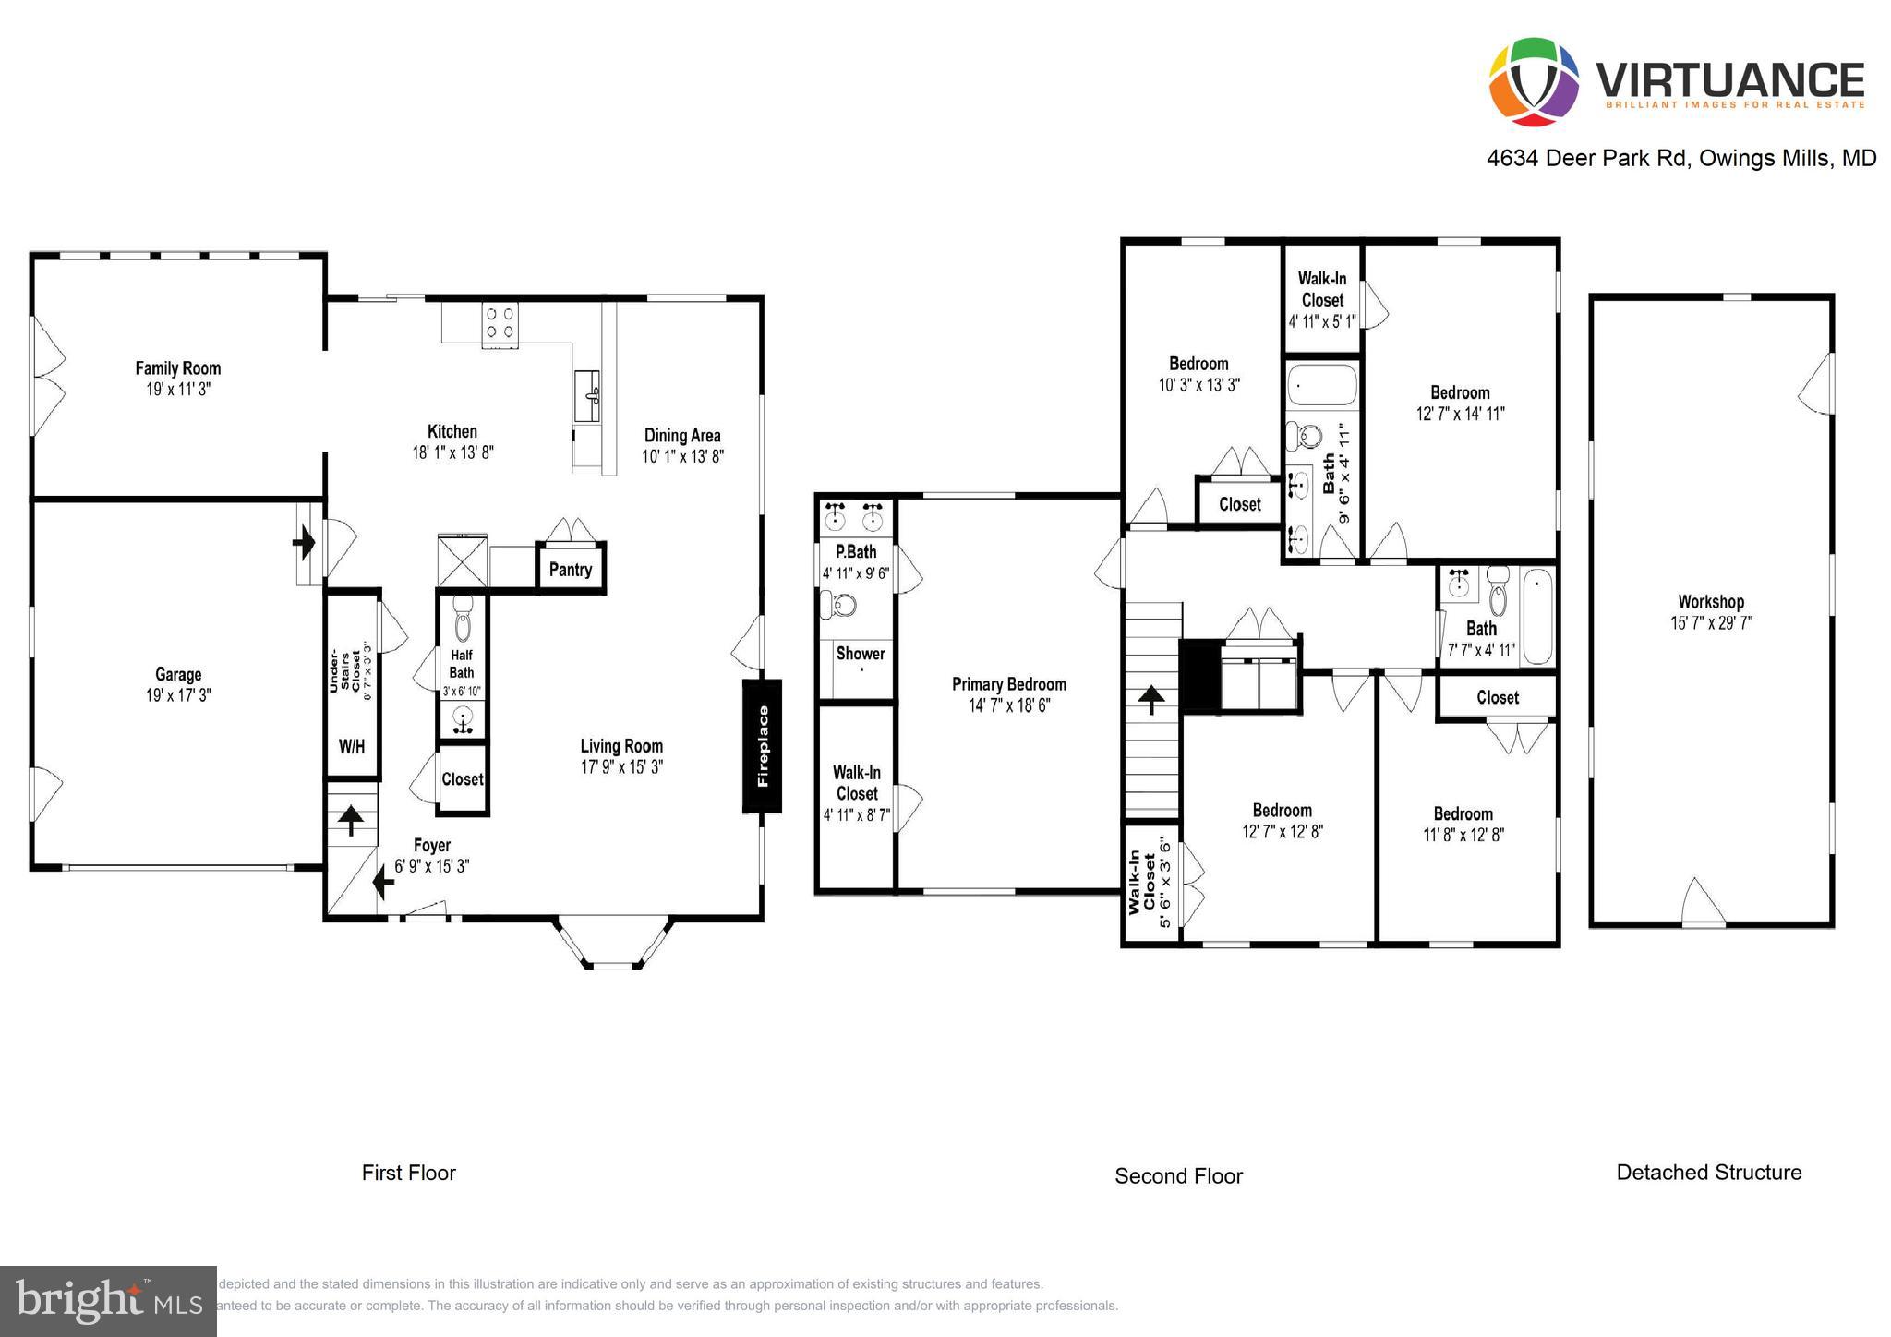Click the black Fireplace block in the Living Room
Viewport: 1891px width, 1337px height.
click(763, 746)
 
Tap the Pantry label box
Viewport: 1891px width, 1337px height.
click(571, 569)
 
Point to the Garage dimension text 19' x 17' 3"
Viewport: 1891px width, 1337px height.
click(178, 695)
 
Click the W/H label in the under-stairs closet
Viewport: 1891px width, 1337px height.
click(352, 746)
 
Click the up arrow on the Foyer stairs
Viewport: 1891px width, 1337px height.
click(351, 820)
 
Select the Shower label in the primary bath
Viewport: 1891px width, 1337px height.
click(861, 654)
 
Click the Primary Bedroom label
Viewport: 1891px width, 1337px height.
click(1009, 684)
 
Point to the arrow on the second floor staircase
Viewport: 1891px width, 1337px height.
click(1150, 699)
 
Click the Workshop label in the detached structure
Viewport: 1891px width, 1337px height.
click(1711, 602)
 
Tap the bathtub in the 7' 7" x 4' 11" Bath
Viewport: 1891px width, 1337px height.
click(1537, 615)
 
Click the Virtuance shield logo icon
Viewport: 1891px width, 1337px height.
click(1534, 81)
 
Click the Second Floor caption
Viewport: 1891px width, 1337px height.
click(1178, 1176)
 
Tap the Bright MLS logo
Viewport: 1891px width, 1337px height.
click(109, 1302)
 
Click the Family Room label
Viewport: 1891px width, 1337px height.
click(178, 368)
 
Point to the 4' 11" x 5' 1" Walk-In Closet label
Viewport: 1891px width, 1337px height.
click(1322, 299)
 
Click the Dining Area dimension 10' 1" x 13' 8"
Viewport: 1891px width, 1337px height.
click(682, 456)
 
